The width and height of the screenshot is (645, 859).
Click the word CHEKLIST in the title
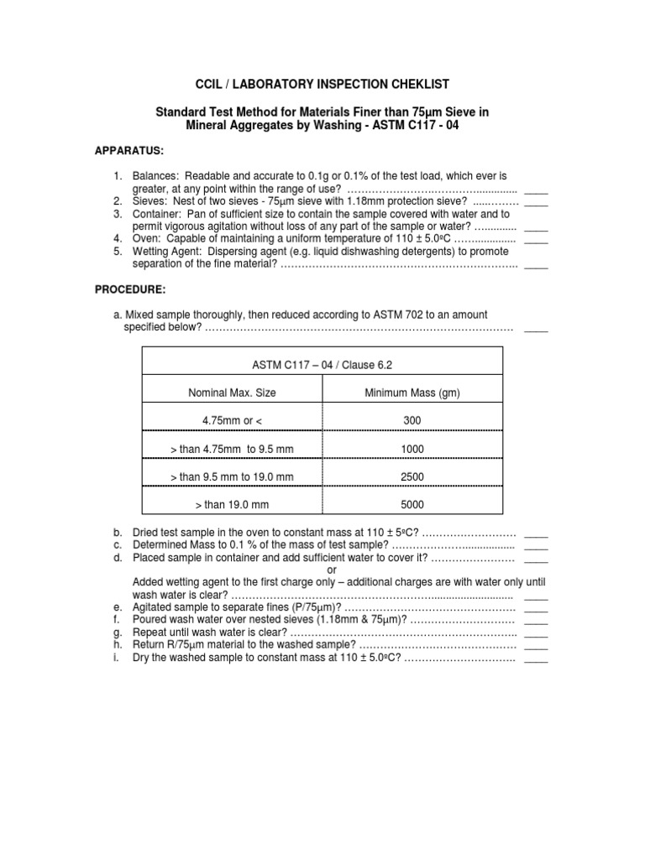413,84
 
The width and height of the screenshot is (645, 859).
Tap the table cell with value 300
412,420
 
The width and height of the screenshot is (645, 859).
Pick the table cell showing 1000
412,449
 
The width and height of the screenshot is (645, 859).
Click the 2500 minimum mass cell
412,476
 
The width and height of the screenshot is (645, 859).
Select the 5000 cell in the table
412,505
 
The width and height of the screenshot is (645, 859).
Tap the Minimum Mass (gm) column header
412,393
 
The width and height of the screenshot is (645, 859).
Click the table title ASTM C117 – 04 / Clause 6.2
322,365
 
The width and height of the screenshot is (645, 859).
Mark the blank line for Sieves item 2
536,203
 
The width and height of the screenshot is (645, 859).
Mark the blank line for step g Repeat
536,633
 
